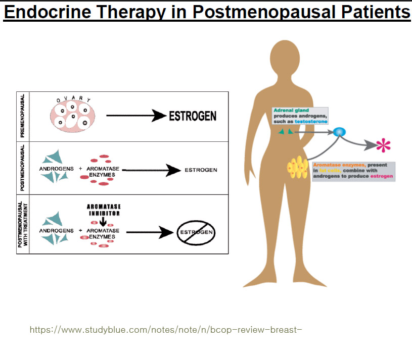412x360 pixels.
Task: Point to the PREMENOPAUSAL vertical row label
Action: tap(23, 116)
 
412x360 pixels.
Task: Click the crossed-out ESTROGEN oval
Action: tap(196, 233)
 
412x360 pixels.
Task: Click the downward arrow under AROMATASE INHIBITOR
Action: tap(103, 221)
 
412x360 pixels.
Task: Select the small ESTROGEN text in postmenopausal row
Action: tap(201, 170)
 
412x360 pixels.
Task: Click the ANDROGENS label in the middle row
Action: tap(57, 169)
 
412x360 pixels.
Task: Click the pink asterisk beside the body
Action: tap(384, 146)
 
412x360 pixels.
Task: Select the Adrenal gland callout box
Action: tap(300, 116)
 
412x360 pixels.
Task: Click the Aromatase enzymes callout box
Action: tap(353, 171)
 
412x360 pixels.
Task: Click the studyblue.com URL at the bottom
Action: tap(166, 330)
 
